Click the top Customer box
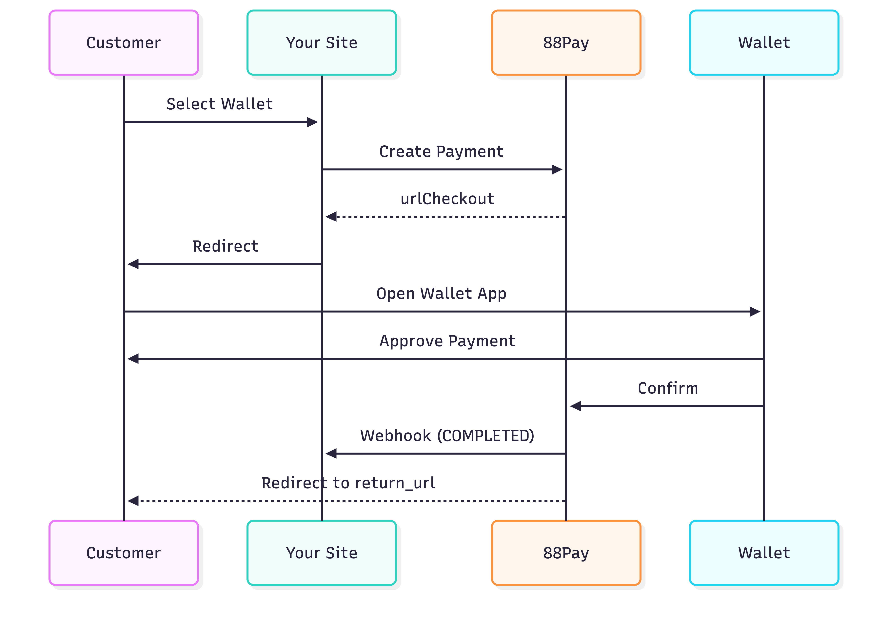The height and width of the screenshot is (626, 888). point(124,43)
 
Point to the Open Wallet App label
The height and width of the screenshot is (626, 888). point(441,294)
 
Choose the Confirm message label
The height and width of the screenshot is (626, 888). point(668,388)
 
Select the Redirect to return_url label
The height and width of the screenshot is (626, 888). point(348,483)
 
